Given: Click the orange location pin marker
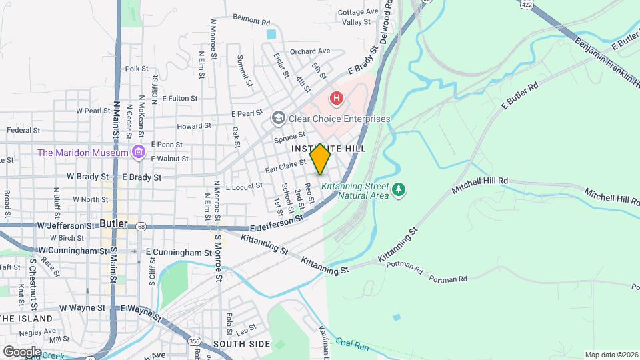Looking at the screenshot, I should tap(321, 159).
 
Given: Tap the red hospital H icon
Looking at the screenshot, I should tap(337, 99).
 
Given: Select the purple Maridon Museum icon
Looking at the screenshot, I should tap(139, 153).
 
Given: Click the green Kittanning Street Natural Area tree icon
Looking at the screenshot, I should tap(399, 190).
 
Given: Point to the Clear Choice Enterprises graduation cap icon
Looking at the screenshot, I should tap(278, 119).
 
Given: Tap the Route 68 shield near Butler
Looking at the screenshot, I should tap(141, 227).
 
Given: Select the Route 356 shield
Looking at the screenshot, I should tap(195, 341).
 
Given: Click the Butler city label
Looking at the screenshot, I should tap(113, 223).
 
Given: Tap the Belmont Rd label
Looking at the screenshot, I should tap(251, 19).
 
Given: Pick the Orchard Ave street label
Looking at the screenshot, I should tap(310, 51).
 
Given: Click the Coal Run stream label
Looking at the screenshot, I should tap(351, 343).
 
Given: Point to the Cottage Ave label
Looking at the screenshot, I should tap(358, 12).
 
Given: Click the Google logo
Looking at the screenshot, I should tap(22, 351).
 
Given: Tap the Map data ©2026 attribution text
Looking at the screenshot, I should tap(611, 355).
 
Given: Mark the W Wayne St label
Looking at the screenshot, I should tap(83, 308).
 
